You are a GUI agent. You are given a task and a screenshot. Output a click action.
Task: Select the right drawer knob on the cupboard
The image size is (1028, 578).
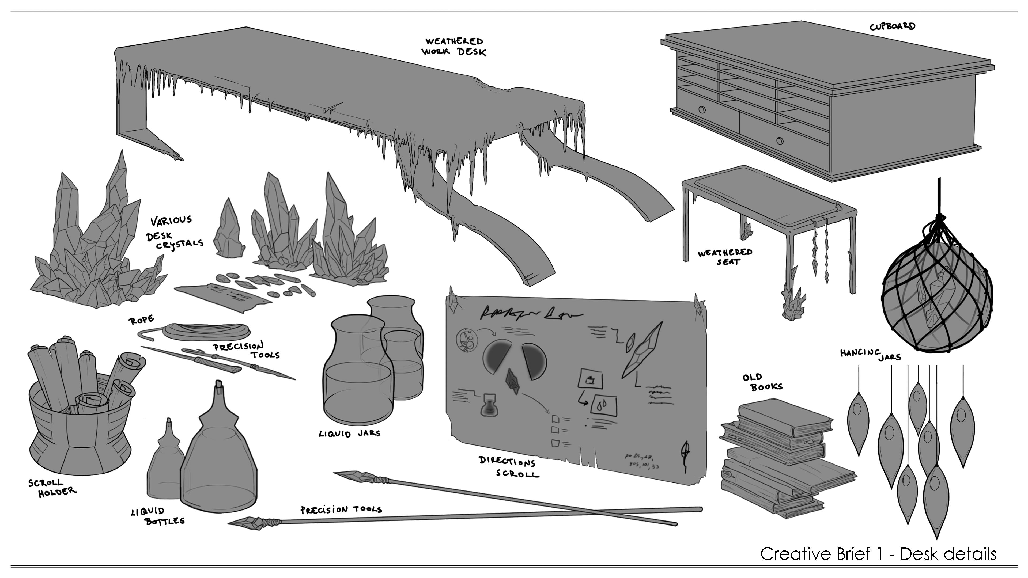(x=780, y=140)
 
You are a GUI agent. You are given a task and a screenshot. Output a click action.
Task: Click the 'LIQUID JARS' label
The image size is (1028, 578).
(x=349, y=433)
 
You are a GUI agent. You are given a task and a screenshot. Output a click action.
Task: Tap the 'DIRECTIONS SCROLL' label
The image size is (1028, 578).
(x=508, y=467)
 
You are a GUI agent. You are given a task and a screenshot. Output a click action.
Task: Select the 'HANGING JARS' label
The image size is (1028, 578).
(x=870, y=354)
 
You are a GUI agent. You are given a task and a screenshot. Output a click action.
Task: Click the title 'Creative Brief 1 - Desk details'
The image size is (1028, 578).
(x=878, y=554)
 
